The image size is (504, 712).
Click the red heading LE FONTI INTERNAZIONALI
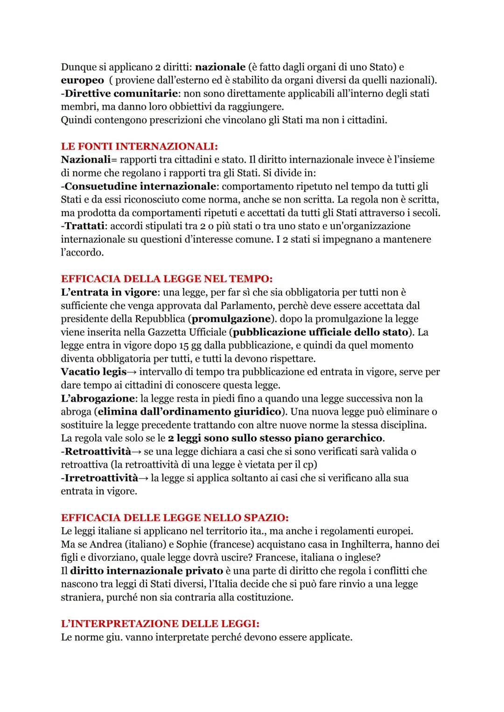point(140,146)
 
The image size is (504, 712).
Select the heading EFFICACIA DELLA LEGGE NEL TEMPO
point(166,279)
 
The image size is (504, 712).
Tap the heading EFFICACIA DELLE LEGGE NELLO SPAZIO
point(175,518)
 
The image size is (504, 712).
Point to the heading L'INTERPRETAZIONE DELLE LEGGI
point(160,624)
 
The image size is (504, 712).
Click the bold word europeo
point(82,80)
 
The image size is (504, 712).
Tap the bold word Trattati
point(84,226)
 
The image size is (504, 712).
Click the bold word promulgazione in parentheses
point(231,319)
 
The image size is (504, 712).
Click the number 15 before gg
point(184,345)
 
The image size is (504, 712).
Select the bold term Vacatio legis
point(94,372)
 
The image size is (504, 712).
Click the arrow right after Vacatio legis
point(133,372)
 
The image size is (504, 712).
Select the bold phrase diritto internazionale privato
point(147,571)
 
